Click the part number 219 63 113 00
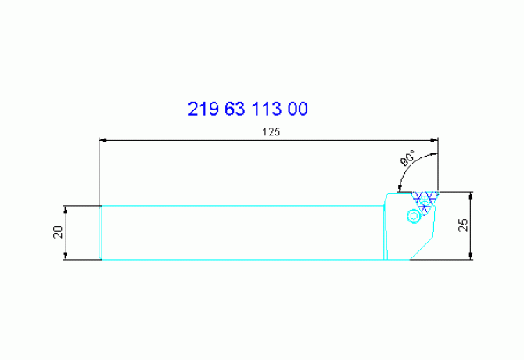tap(248, 109)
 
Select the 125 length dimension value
tap(271, 131)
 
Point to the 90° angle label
tap(408, 161)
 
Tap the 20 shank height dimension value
tap(57, 232)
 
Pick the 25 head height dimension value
tap(463, 225)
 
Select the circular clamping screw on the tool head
tap(413, 216)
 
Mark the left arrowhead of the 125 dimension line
tap(103, 141)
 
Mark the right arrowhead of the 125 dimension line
tap(433, 141)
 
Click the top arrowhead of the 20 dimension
tap(66, 209)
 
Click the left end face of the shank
tap(100, 232)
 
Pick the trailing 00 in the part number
tap(299, 109)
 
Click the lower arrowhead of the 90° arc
tap(400, 187)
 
